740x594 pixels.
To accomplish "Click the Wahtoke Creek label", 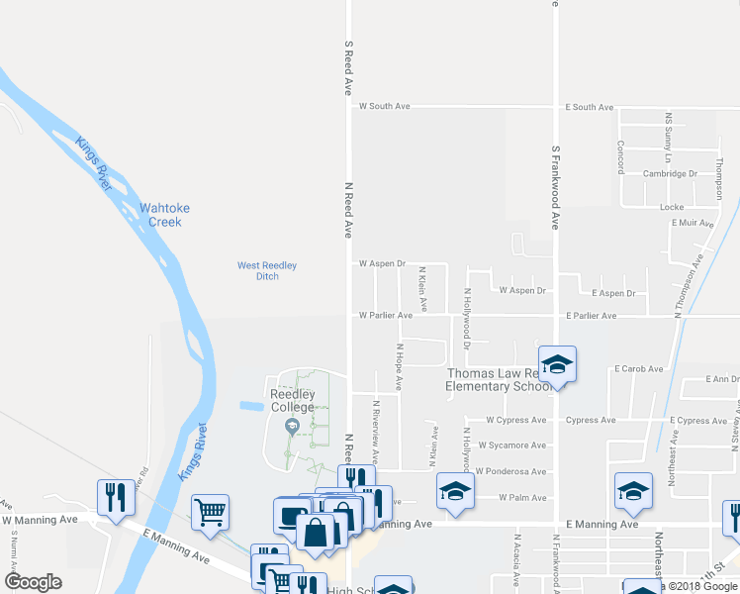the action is click(164, 215).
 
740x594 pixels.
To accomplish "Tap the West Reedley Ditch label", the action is click(267, 270).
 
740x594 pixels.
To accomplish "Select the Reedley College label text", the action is click(293, 400).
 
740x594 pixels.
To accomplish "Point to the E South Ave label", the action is click(589, 106).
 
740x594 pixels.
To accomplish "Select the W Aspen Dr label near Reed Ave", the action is click(382, 264).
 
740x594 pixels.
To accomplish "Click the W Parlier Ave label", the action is click(386, 316).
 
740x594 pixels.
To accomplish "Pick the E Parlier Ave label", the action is click(591, 316).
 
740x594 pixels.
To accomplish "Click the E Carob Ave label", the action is click(637, 368).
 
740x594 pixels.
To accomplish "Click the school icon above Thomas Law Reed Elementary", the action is click(557, 363).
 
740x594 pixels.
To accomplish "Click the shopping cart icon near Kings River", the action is click(211, 511).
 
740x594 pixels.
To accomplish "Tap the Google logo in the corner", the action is click(33, 581).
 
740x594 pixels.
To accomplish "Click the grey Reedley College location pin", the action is click(291, 427).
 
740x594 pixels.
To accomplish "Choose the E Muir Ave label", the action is click(692, 224).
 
